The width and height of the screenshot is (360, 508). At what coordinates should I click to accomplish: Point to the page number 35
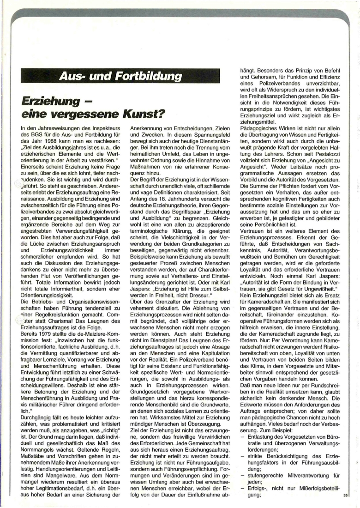tap(346, 496)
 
